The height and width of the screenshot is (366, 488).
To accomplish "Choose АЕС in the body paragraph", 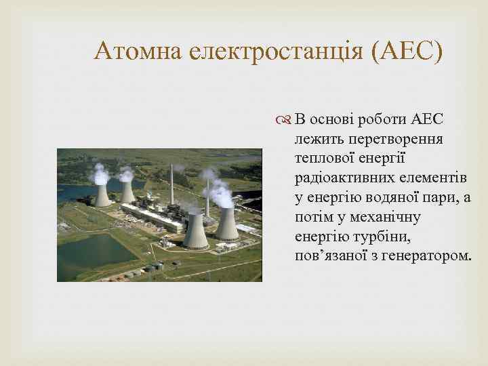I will click(x=427, y=121).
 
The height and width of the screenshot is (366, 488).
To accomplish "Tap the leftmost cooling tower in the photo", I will click(x=102, y=195).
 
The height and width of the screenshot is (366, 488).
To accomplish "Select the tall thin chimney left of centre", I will click(x=171, y=183).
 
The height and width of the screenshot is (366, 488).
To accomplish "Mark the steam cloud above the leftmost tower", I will click(x=100, y=174).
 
